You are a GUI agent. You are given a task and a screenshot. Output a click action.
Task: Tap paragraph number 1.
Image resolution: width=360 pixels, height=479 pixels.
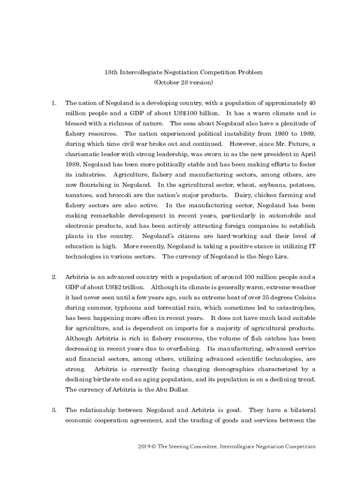[54, 102]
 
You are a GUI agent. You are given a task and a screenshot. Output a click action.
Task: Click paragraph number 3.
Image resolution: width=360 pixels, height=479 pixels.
[54, 410]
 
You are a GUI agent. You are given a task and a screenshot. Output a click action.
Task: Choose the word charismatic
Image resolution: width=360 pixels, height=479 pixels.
[84, 153]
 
